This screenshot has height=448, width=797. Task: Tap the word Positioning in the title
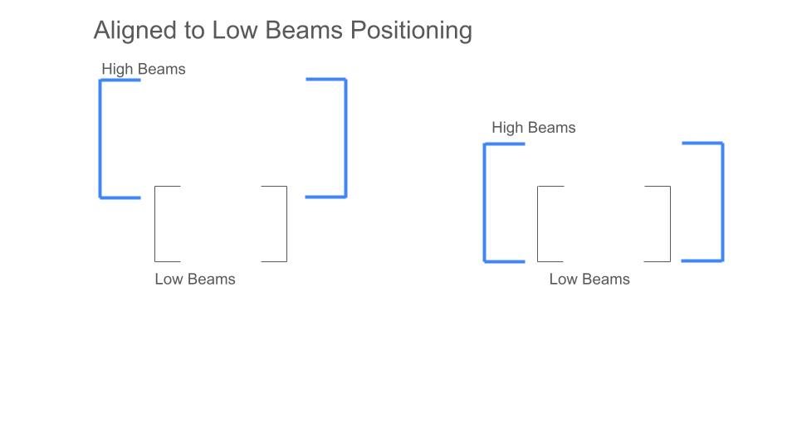[411, 31]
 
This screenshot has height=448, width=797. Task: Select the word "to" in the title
[195, 31]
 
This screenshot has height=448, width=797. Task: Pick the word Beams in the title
[305, 30]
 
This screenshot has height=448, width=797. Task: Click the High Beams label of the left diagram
[144, 69]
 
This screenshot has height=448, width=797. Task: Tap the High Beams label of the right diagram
[534, 128]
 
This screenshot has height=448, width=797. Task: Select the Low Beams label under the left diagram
[195, 279]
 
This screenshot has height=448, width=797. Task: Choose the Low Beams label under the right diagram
[589, 279]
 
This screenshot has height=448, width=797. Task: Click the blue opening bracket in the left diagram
[100, 139]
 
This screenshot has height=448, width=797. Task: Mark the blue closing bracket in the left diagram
[345, 138]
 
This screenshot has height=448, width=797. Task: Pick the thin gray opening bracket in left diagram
[155, 224]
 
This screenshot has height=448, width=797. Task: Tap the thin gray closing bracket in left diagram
[286, 224]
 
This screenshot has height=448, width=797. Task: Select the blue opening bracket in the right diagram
[485, 202]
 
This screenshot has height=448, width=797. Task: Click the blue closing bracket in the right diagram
[722, 202]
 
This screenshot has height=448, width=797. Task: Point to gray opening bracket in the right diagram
[538, 224]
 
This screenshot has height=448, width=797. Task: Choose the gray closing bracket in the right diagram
[670, 224]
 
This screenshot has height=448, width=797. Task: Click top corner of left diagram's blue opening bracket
[100, 80]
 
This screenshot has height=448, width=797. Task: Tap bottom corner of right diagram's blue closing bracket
[722, 261]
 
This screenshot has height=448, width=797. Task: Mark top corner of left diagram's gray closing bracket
[286, 187]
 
